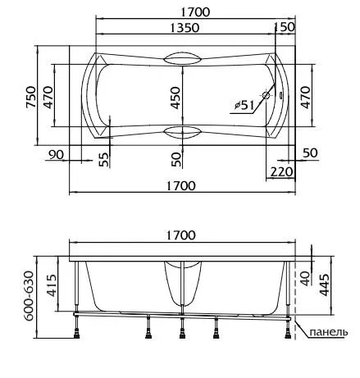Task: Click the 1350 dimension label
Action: (185, 28)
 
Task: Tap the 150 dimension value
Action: (285, 27)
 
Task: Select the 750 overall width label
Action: (31, 97)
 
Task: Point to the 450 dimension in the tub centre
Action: (175, 98)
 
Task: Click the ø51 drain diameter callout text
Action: (244, 105)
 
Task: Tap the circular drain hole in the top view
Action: (266, 95)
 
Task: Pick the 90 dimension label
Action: (56, 155)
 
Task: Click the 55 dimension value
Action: (104, 159)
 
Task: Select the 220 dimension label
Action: (281, 172)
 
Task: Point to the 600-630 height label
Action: (29, 296)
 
